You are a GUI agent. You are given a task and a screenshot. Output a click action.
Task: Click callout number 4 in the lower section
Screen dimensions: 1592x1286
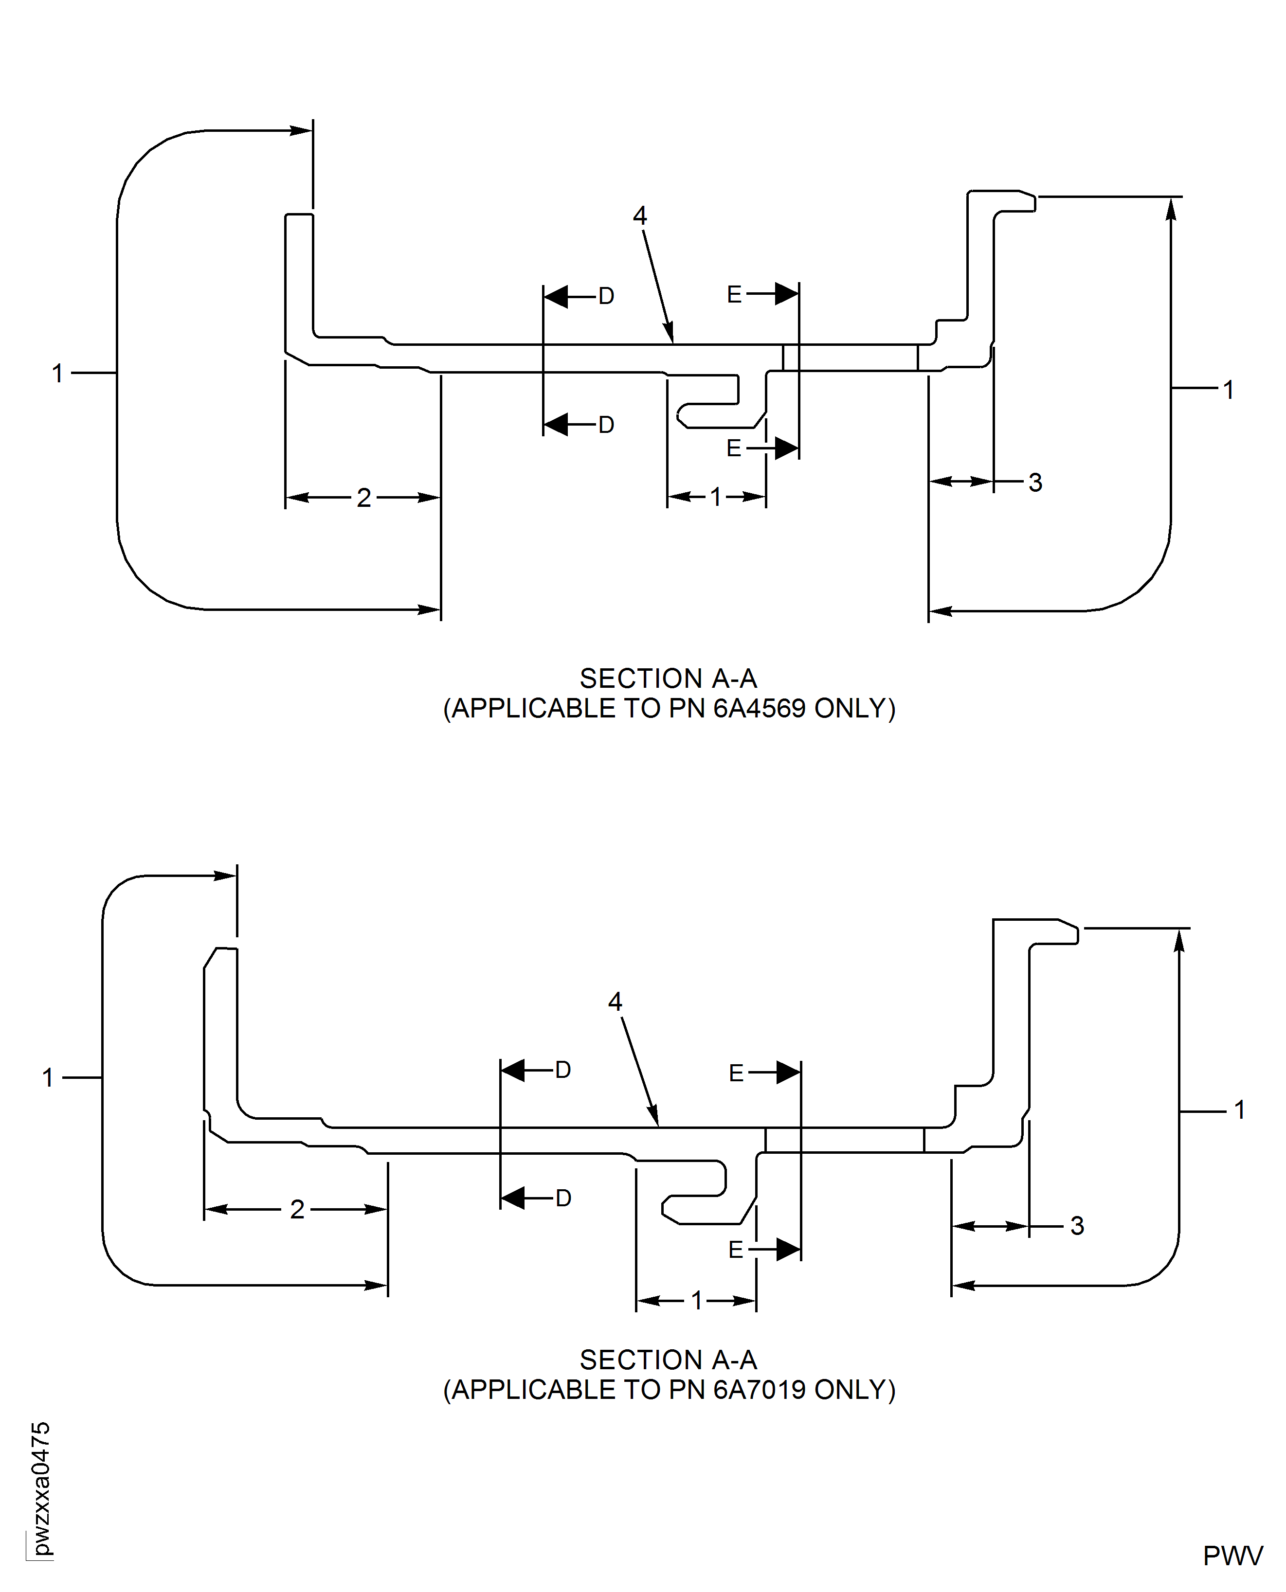click(x=615, y=1002)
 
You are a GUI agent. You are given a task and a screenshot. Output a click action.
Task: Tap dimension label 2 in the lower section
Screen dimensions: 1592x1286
click(x=297, y=1209)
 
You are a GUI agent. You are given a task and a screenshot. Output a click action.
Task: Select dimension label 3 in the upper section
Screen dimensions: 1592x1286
click(x=1035, y=483)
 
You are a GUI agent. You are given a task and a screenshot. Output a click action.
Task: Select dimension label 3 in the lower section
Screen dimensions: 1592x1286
click(x=1077, y=1226)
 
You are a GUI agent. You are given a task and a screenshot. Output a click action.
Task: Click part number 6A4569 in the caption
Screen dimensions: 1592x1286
click(x=760, y=709)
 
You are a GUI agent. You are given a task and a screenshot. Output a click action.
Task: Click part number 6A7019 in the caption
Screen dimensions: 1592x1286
click(x=760, y=1390)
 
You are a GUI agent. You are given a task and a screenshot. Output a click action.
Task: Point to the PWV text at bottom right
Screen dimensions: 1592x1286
click(x=1232, y=1556)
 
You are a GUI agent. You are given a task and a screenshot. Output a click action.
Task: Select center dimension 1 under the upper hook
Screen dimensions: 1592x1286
click(x=716, y=497)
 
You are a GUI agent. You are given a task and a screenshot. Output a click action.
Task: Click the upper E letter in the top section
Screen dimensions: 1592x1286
click(x=734, y=295)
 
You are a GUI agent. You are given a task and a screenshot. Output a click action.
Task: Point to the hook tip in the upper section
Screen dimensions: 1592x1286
click(x=682, y=417)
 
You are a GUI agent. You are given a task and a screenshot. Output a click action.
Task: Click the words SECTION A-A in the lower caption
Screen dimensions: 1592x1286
click(x=668, y=1359)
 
